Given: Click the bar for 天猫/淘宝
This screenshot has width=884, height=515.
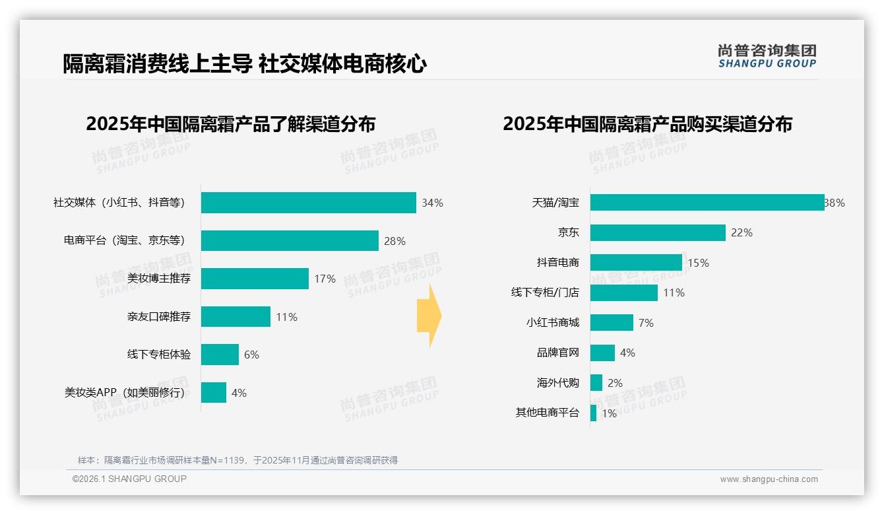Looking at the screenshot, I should [707, 203].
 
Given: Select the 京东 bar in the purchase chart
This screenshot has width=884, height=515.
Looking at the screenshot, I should [658, 232].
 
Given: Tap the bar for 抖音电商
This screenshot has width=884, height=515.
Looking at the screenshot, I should [636, 263].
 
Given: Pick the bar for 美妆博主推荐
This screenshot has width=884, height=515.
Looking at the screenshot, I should [255, 279].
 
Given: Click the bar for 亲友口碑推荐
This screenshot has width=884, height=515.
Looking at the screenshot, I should [236, 317].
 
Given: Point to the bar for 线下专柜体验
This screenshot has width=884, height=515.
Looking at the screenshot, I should [220, 355].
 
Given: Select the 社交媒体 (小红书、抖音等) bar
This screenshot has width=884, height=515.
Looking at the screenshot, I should [308, 203].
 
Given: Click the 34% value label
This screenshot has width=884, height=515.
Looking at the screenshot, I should [433, 203].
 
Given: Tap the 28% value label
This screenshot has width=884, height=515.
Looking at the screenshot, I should [395, 241].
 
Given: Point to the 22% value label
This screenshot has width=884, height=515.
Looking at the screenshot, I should [742, 232].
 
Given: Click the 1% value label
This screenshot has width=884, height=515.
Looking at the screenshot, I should [609, 414].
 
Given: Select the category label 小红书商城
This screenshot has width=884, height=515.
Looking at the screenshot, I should [553, 323].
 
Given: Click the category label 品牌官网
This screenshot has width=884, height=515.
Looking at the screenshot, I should [558, 353].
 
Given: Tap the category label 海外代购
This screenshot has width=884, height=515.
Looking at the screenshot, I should [558, 383].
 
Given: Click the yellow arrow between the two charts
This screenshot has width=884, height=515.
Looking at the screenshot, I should [429, 316].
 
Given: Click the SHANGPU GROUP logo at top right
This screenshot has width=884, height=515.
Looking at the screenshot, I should [767, 56].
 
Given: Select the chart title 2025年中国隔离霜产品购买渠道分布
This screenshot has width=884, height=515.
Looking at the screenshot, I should [647, 124].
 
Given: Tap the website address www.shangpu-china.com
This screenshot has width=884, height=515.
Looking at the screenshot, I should [769, 479].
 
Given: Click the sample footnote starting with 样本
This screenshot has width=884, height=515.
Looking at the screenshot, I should [237, 460].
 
